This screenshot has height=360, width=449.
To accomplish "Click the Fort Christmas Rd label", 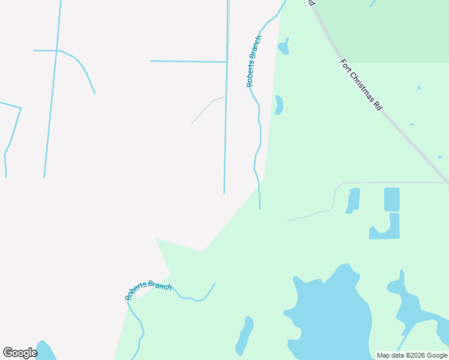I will click(x=361, y=85).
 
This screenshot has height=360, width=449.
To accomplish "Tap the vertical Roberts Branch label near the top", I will click(x=255, y=61).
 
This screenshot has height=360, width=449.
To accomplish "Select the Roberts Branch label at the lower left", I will click(x=148, y=290).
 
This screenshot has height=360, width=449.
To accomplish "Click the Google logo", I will click(x=20, y=353).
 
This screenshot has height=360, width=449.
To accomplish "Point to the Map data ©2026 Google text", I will click(x=412, y=355).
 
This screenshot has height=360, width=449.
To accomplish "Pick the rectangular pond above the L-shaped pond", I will click(x=391, y=199).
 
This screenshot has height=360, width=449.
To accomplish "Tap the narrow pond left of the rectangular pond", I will click(x=353, y=200).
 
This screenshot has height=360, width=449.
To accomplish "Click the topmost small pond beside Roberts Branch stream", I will click(x=283, y=47).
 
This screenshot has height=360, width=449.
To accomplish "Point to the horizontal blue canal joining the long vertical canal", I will click(x=188, y=61).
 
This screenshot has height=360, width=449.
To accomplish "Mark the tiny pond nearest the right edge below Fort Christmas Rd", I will click(x=439, y=157).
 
